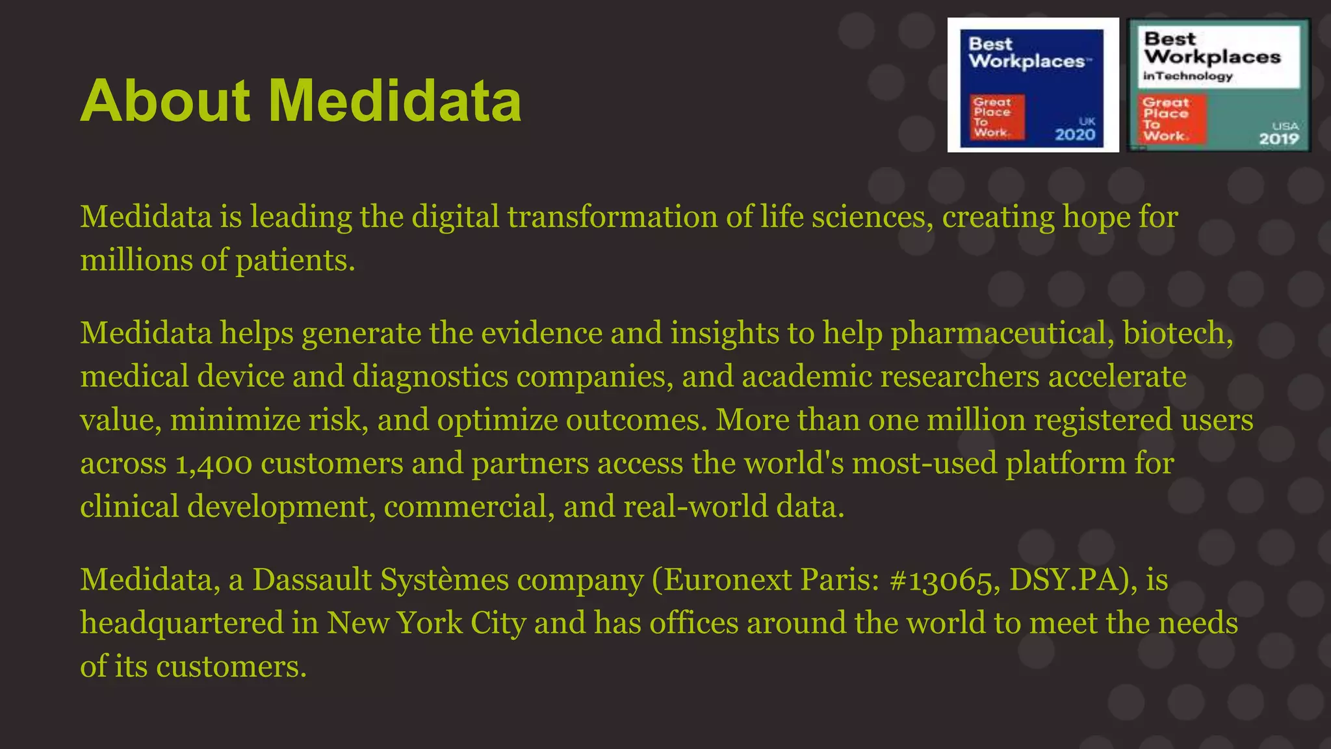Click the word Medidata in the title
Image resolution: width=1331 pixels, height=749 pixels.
(395, 101)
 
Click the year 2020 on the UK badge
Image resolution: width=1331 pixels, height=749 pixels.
(1075, 135)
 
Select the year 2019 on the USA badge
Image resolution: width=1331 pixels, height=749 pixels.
(1278, 138)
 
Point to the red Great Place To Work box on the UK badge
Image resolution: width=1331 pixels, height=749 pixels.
(997, 117)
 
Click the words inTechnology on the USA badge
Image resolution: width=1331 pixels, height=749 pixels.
(1188, 76)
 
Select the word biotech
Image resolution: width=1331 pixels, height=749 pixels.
(1177, 333)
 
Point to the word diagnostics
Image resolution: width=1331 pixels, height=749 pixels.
(430, 377)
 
